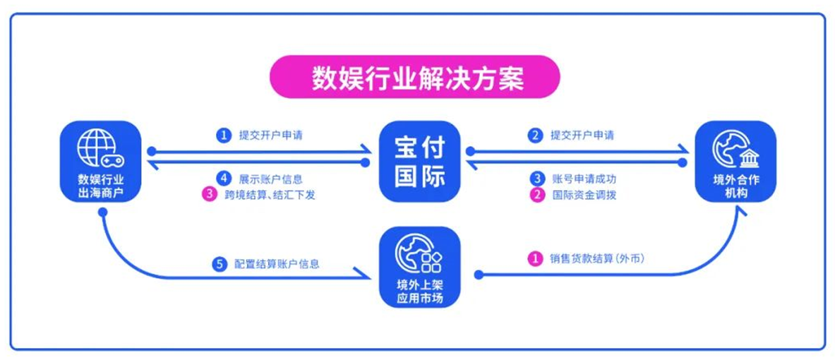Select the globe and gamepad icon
(100, 147)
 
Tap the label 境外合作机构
(735, 186)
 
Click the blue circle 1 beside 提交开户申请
(223, 136)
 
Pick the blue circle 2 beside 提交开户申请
(534, 136)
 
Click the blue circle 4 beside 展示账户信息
(222, 178)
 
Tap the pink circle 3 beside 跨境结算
(210, 195)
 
